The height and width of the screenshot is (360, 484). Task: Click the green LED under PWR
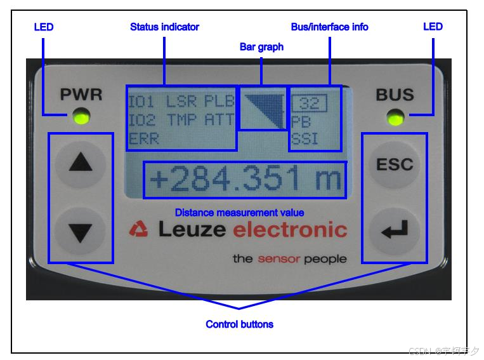click(81, 117)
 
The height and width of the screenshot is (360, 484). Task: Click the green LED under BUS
click(395, 117)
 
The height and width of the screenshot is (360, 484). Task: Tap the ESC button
click(395, 164)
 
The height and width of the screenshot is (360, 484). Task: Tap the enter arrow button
click(395, 232)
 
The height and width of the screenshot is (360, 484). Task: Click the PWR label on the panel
click(81, 95)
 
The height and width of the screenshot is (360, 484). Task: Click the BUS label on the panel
click(395, 95)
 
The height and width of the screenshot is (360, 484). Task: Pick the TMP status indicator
click(182, 119)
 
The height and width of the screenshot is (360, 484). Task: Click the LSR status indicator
click(182, 102)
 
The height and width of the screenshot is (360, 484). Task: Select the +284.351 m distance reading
click(245, 180)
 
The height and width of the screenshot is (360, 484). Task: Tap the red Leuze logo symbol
click(138, 229)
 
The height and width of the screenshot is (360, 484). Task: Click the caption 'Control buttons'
click(239, 324)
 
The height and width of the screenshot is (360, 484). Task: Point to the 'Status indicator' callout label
click(164, 27)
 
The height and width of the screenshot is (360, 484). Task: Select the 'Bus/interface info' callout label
click(329, 27)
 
